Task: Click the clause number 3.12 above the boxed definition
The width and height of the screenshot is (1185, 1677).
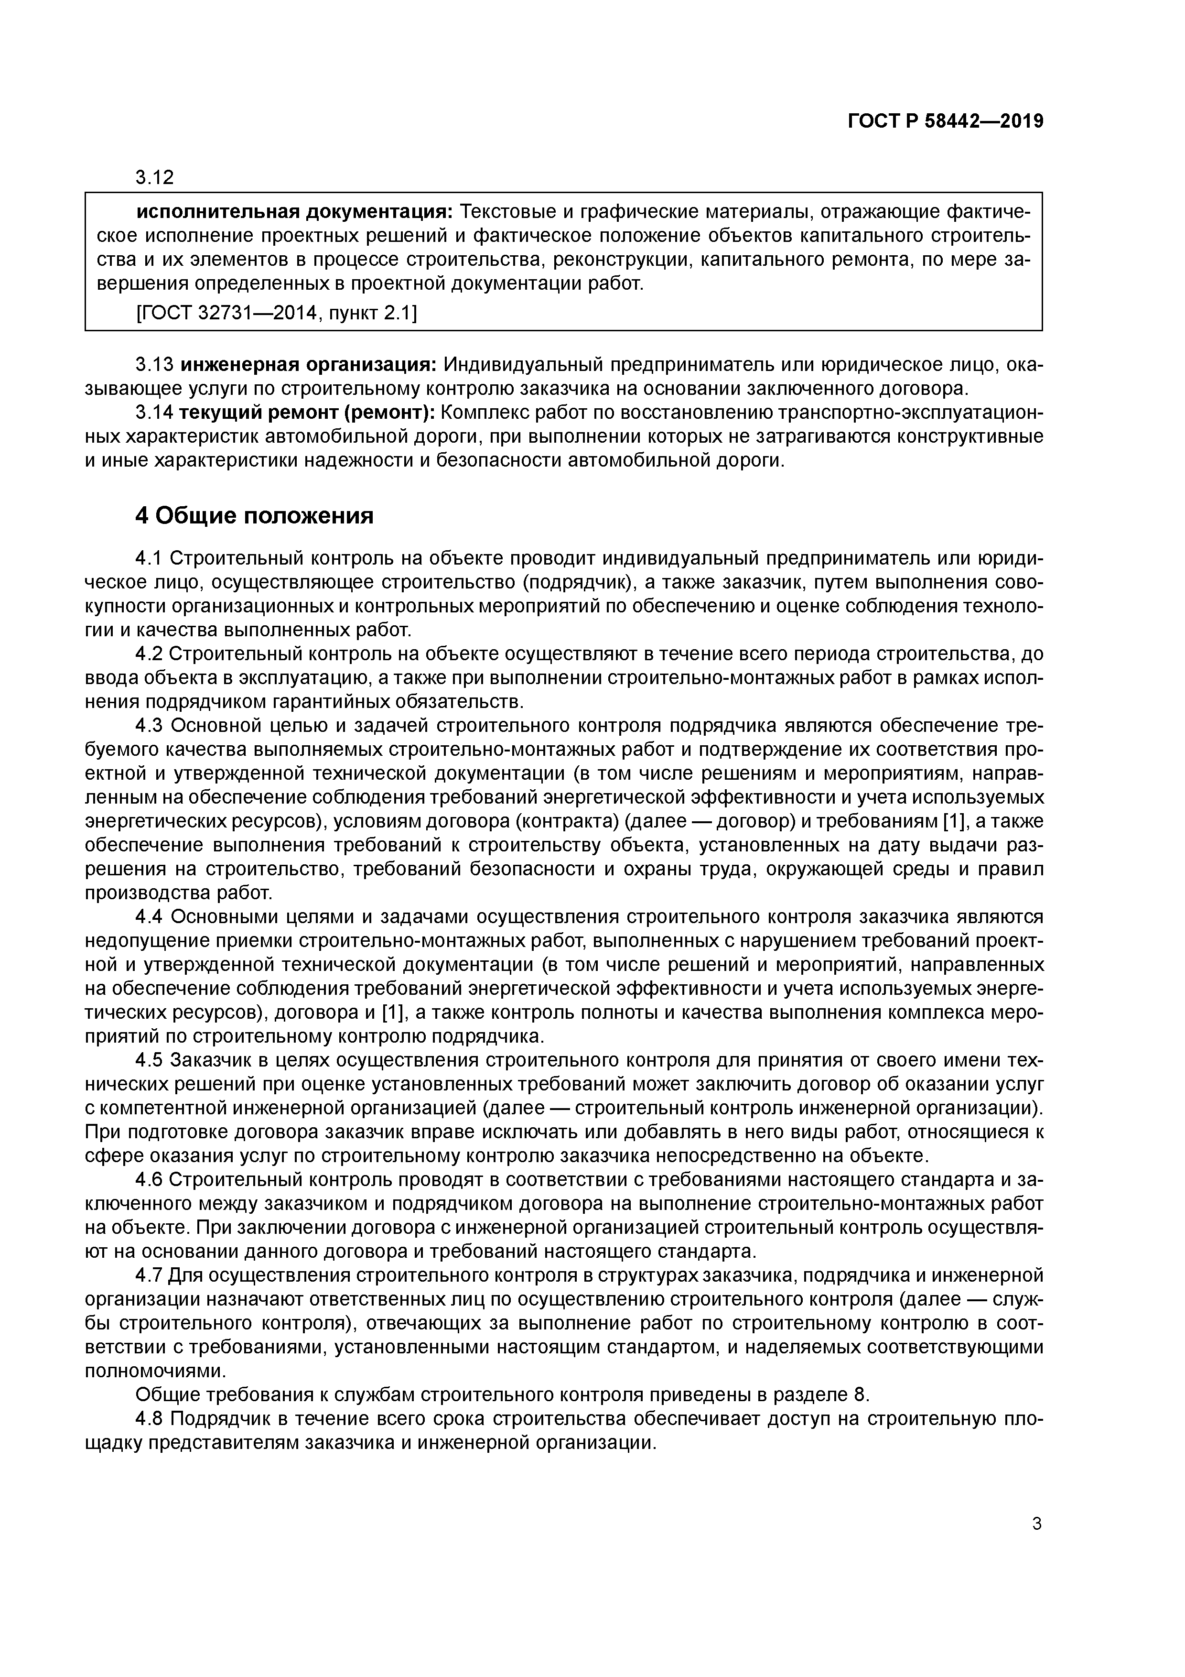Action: click(155, 177)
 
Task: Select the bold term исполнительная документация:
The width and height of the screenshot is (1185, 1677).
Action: click(295, 212)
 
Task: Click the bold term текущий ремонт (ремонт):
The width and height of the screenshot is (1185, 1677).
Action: click(307, 413)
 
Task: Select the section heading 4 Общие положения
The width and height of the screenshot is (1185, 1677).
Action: click(254, 516)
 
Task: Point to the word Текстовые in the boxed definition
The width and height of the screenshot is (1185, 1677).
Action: click(506, 212)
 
